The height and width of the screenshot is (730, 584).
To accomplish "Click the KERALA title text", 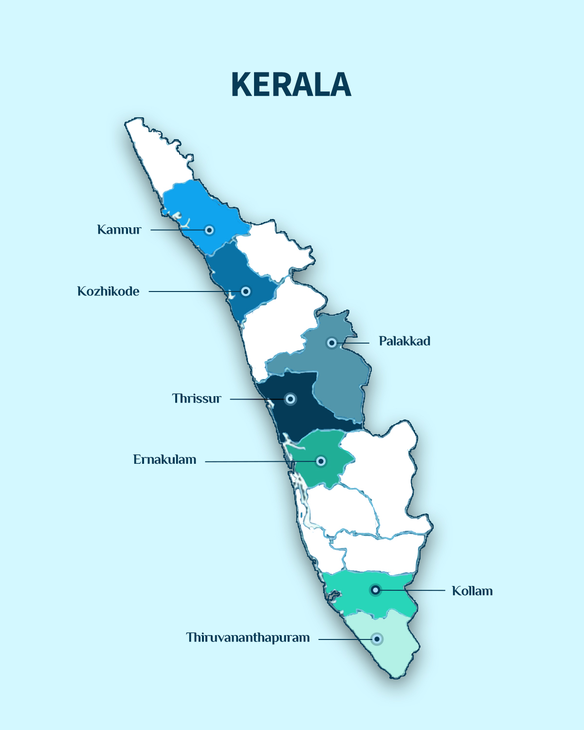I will click(291, 85).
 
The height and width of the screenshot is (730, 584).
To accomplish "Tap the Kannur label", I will click(119, 230).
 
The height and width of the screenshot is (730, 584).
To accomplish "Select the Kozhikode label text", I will click(108, 292).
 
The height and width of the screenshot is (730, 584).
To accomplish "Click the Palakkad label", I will click(404, 341).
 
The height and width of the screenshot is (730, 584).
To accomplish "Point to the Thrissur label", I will click(197, 399).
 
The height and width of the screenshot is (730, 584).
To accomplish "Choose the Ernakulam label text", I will click(164, 460).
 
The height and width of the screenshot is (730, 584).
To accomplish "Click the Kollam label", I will click(472, 591).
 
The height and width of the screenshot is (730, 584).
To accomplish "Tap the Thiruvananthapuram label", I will click(248, 638).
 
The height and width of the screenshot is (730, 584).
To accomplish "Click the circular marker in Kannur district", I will click(209, 230).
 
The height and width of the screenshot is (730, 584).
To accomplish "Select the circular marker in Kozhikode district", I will click(246, 292).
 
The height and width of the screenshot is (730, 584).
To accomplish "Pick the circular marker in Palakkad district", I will click(331, 343).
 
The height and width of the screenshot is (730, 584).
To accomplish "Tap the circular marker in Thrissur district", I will click(291, 399).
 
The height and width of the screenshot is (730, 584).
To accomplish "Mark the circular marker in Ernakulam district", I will click(321, 461).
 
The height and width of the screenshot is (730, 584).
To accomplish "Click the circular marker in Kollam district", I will click(375, 590).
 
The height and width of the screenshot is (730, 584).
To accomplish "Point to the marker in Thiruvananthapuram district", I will click(377, 639).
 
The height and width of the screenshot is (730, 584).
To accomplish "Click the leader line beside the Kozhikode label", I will click(190, 292).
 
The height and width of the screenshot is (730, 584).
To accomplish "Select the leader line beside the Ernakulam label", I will click(248, 461).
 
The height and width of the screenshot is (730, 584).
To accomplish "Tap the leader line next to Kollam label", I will click(419, 590).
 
